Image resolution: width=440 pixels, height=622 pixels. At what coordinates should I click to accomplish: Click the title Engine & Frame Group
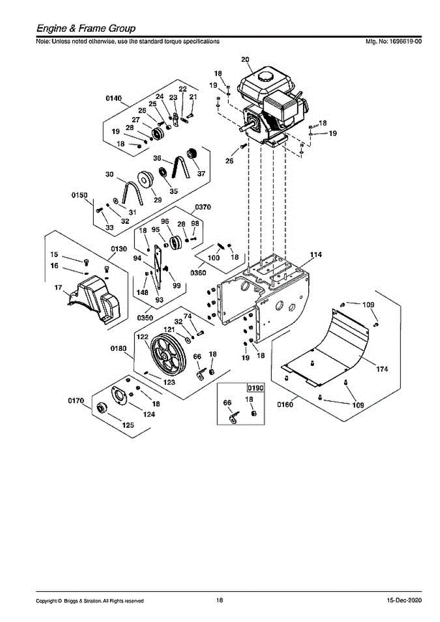pyautogui.click(x=86, y=29)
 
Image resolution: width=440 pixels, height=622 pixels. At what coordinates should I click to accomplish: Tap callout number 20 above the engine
pyautogui.click(x=245, y=60)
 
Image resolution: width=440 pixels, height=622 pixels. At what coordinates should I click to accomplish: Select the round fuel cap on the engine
pyautogui.click(x=266, y=77)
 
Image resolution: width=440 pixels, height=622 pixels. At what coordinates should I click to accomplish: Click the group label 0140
pyautogui.click(x=114, y=98)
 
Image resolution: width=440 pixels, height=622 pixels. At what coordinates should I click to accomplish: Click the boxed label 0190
pyautogui.click(x=255, y=387)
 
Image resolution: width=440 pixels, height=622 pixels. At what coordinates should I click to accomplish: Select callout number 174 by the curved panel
pyautogui.click(x=382, y=369)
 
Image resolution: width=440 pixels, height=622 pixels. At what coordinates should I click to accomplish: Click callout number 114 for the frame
pyautogui.click(x=316, y=255)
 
